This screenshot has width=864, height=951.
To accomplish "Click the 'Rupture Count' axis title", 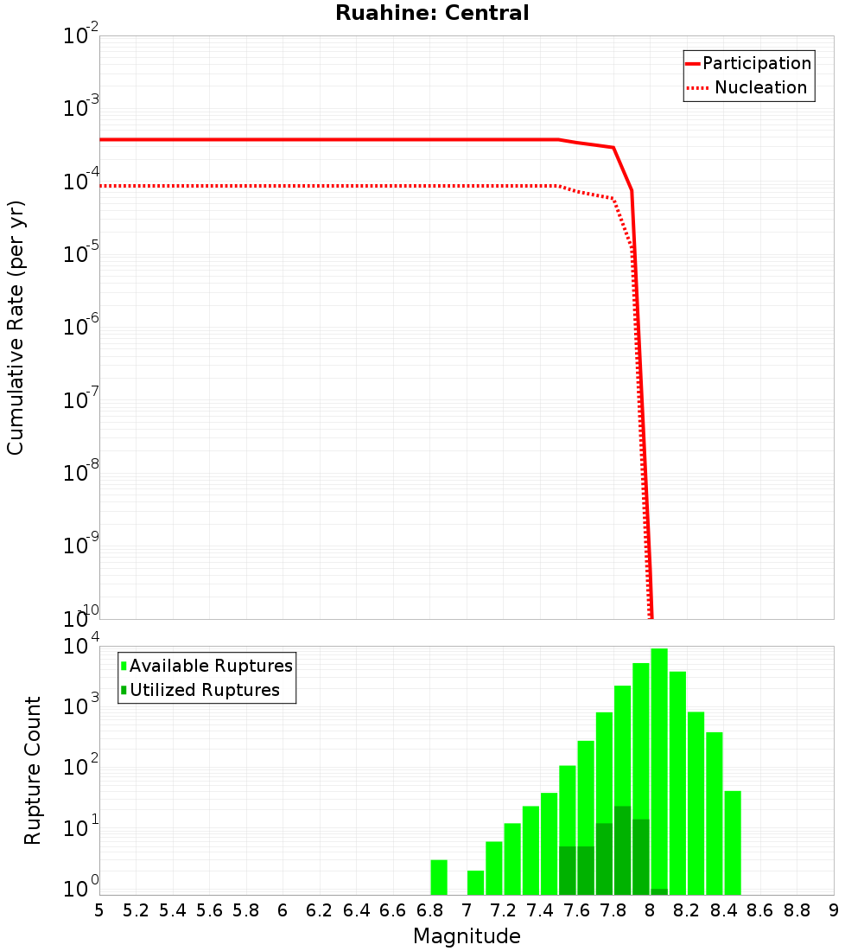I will [33, 769].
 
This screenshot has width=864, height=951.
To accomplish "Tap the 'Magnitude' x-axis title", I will [467, 935].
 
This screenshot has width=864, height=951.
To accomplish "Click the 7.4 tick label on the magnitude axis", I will [540, 910].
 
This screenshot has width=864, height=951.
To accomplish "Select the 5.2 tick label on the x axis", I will [136, 910].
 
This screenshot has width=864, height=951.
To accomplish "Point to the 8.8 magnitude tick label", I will [797, 910].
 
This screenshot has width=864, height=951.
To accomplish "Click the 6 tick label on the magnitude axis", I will [283, 910].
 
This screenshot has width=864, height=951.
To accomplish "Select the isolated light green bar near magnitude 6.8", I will [439, 877].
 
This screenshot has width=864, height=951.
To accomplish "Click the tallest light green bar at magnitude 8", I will [659, 769].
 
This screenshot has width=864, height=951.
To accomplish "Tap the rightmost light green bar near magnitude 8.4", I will [733, 843].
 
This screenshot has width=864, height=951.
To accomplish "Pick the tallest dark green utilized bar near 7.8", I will [622, 851].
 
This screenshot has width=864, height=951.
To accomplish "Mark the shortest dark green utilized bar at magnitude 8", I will [659, 891].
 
